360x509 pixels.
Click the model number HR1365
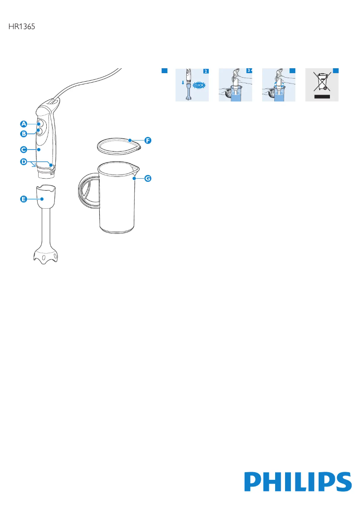(22, 26)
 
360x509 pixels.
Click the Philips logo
(298, 482)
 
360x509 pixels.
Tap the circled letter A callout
(24, 124)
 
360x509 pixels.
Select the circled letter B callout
(24, 133)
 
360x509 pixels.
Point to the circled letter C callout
(24, 149)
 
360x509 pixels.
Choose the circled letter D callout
(24, 161)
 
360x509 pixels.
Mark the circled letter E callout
(24, 199)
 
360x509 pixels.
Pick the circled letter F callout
(148, 140)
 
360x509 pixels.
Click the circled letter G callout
(148, 178)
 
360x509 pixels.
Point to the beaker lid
(119, 145)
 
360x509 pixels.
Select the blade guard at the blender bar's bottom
(45, 256)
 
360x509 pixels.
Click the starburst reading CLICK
(199, 85)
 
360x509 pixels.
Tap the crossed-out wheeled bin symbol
(322, 82)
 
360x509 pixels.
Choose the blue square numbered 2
(206, 71)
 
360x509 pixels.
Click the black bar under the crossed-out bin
(322, 97)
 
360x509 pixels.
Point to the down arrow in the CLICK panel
(183, 83)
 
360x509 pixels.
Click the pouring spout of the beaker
(136, 168)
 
